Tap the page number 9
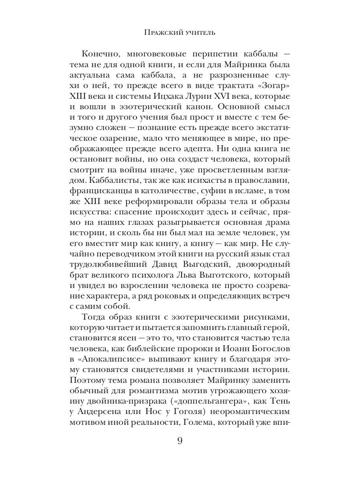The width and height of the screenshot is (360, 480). click(x=180, y=441)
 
